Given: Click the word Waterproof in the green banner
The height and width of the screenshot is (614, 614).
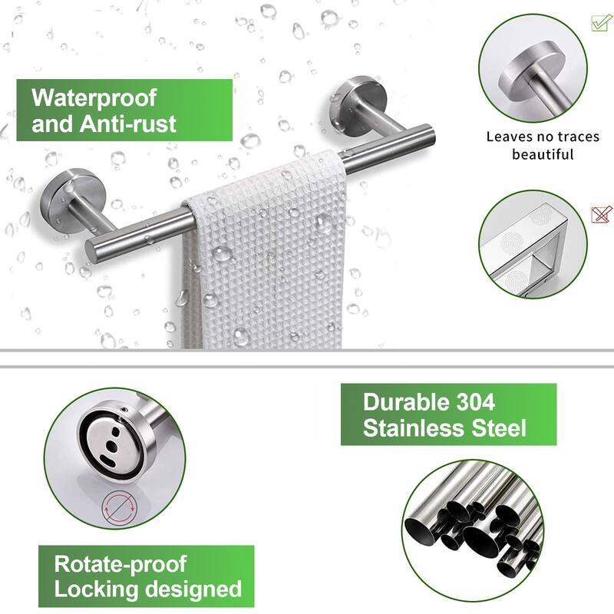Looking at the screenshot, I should point(94,97).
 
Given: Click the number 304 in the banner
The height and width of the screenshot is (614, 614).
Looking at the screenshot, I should point(468,401).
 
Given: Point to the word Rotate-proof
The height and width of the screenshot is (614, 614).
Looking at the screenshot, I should point(120,564).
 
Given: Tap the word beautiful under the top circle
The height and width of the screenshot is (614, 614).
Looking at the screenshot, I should point(543,154).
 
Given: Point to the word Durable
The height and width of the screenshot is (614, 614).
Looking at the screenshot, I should point(398,401).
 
